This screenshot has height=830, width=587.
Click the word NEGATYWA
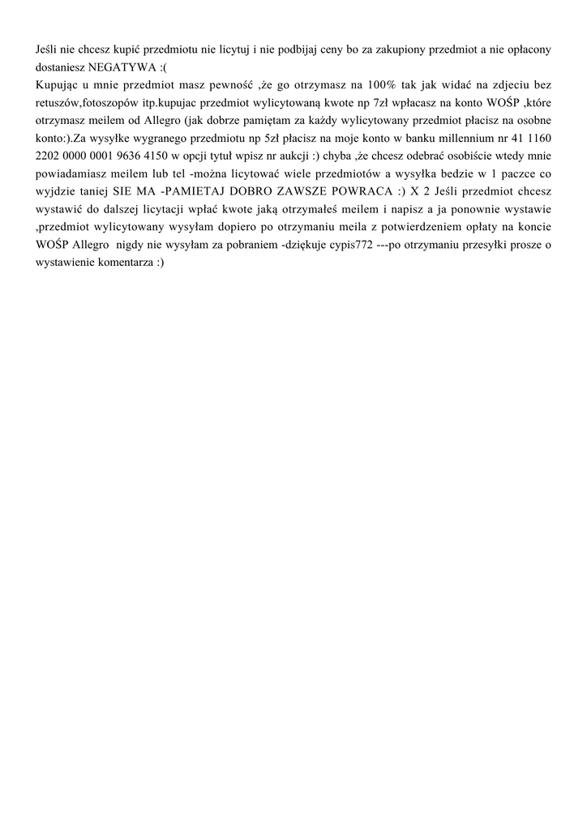pos(123,66)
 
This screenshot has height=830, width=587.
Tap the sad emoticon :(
pos(165,66)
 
